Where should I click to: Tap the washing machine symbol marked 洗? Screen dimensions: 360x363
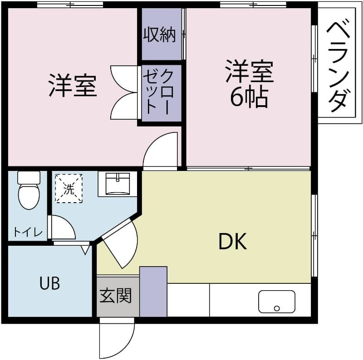pyautogui.click(x=69, y=188)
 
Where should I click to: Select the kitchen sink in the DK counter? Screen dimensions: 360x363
pyautogui.click(x=276, y=301)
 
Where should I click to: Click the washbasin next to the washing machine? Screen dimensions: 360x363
pyautogui.click(x=118, y=183)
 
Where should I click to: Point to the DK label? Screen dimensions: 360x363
pyautogui.click(x=232, y=242)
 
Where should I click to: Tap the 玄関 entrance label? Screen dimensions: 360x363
pyautogui.click(x=116, y=296)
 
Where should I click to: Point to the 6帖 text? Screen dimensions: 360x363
pyautogui.click(x=249, y=97)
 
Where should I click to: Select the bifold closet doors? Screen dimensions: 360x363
pyautogui.click(x=124, y=93)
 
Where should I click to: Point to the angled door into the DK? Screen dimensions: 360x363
pyautogui.click(x=120, y=245)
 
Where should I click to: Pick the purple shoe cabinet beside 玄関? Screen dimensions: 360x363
pyautogui.click(x=153, y=292)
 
